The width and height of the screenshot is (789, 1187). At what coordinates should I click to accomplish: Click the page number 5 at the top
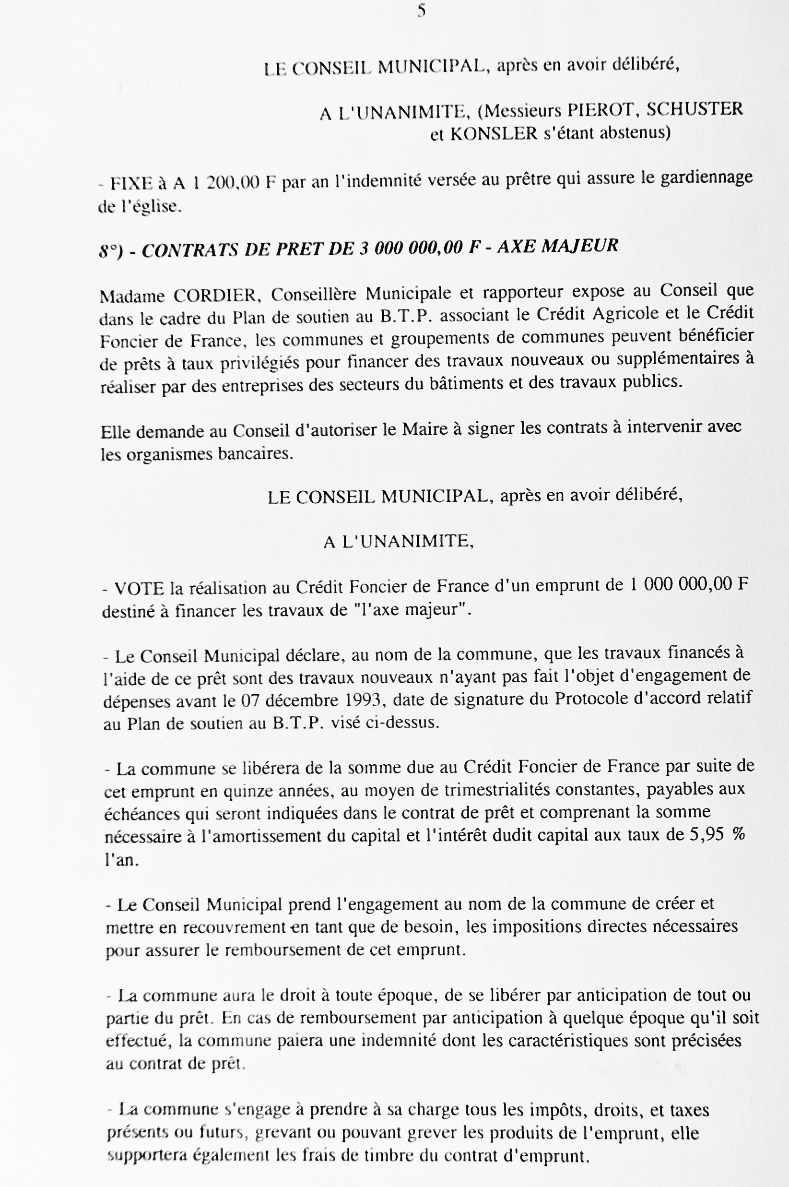[422, 11]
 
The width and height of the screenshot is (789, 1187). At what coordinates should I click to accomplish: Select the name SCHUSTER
[695, 109]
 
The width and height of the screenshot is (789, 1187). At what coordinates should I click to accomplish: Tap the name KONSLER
[486, 134]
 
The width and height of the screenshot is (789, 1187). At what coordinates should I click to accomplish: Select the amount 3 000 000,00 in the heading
[410, 248]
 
